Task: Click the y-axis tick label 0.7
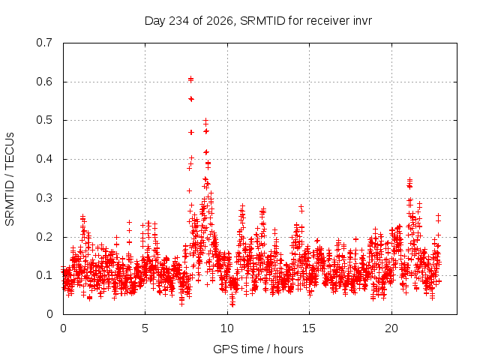pyautogui.click(x=44, y=43)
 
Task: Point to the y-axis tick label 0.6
pyautogui.click(x=44, y=82)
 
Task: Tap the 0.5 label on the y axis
pyautogui.click(x=44, y=120)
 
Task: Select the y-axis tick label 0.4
pyautogui.click(x=44, y=159)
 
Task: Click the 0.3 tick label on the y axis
pyautogui.click(x=44, y=198)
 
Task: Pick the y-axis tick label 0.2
pyautogui.click(x=44, y=237)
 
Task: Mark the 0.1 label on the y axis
pyautogui.click(x=44, y=275)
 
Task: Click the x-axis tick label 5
pyautogui.click(x=145, y=328)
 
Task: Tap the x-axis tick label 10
pyautogui.click(x=226, y=328)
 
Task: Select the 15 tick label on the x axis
pyautogui.click(x=309, y=328)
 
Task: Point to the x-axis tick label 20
pyautogui.click(x=391, y=328)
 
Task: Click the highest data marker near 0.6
pyautogui.click(x=190, y=79)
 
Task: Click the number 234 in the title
pyautogui.click(x=178, y=21)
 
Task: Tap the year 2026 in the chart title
pyautogui.click(x=220, y=21)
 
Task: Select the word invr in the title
pyautogui.click(x=361, y=21)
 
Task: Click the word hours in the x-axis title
pyautogui.click(x=288, y=349)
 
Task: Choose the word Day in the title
pyautogui.click(x=155, y=21)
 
